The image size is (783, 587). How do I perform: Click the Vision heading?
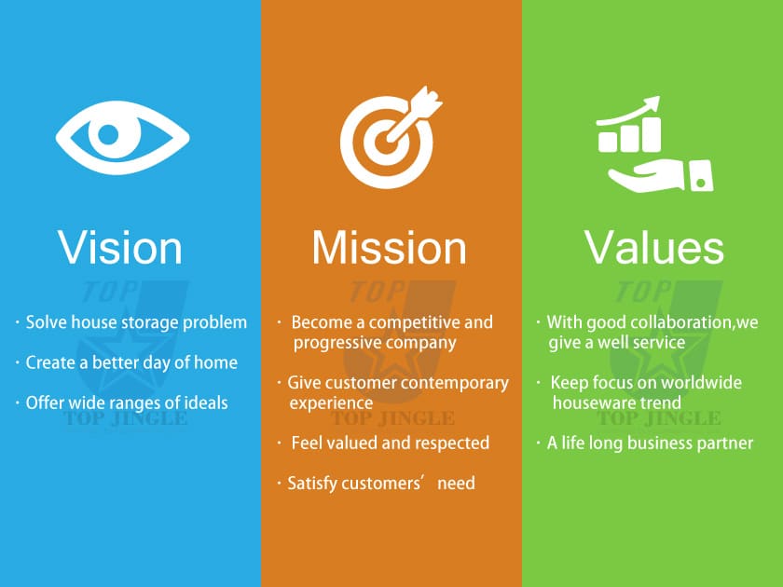[120, 248]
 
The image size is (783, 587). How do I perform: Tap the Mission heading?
[390, 248]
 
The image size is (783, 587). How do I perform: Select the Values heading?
[654, 248]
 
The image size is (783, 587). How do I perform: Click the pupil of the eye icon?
[108, 134]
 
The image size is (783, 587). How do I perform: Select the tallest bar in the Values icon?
[652, 135]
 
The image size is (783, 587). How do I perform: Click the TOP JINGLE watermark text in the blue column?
[126, 418]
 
